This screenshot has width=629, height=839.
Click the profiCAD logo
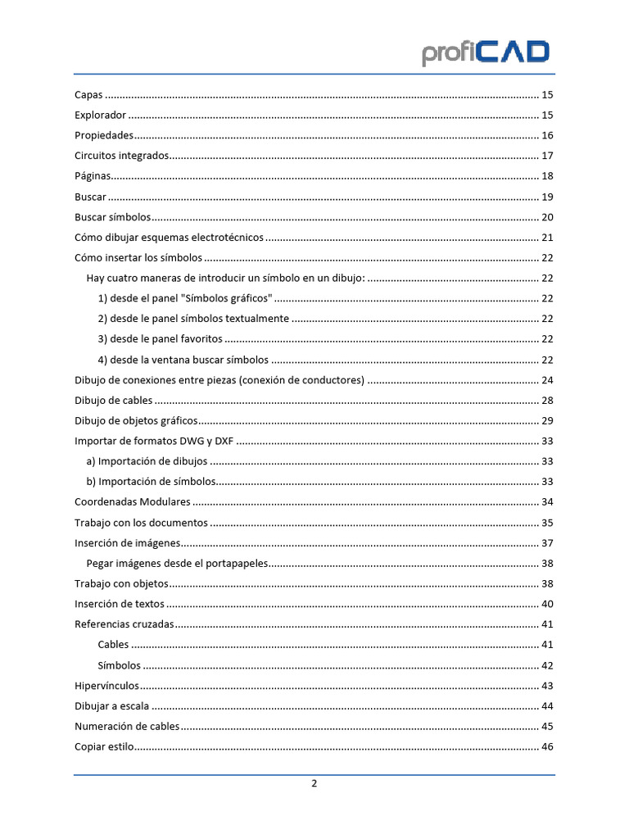pos(486,53)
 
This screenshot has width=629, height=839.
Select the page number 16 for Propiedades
pos(548,135)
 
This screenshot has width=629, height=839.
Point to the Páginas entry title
pos(93,176)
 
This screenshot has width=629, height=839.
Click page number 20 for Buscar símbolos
pos(548,217)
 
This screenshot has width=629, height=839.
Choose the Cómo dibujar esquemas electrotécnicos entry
pos(170,238)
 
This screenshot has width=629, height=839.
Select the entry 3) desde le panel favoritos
pos(160,339)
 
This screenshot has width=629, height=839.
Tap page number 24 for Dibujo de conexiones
pos(548,380)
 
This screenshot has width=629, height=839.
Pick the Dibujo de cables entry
pos(113,400)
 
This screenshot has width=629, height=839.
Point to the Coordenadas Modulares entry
pos(133,501)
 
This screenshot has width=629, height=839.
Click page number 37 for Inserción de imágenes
pos(548,542)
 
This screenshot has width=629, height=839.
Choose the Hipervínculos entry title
pos(106,685)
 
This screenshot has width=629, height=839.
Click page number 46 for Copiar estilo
pos(548,746)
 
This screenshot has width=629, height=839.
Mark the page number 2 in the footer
pos(314,783)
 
